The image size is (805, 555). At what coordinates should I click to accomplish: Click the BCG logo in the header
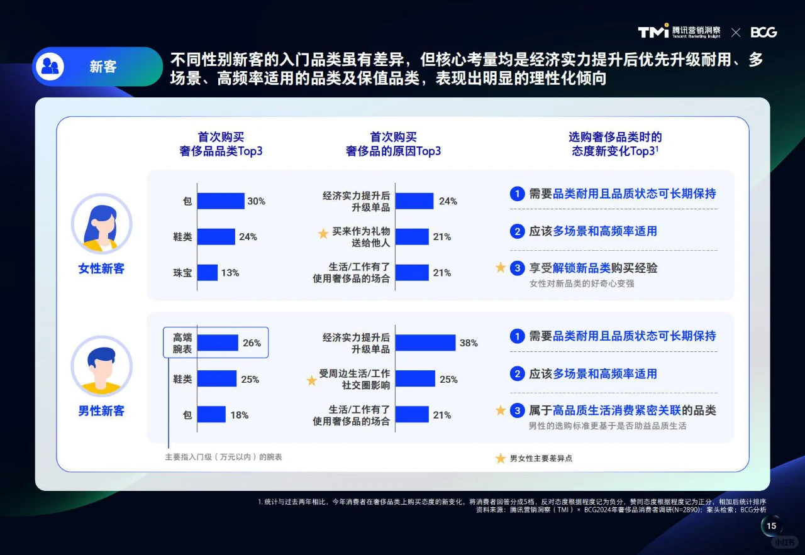(763, 32)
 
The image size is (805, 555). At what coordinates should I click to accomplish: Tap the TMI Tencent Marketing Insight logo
(679, 32)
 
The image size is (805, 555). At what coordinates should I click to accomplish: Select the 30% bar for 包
(221, 201)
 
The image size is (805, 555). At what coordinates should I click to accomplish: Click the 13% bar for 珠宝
(208, 273)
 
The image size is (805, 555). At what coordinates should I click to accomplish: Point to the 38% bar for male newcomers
(425, 343)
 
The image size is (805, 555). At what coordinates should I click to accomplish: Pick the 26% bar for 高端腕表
(218, 343)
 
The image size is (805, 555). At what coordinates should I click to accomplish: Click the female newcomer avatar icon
(101, 224)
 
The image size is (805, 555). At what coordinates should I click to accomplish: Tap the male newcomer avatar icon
(101, 366)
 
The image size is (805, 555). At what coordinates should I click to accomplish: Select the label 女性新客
(101, 269)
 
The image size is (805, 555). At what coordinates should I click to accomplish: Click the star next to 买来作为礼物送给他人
(323, 234)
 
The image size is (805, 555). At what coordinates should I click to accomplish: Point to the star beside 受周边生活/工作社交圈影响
(311, 380)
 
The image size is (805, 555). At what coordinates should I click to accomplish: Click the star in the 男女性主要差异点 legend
(501, 458)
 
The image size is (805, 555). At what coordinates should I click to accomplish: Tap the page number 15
(772, 526)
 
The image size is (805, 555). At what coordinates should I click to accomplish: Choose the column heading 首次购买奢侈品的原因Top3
(393, 144)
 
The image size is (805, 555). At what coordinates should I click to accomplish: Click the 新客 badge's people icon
(50, 67)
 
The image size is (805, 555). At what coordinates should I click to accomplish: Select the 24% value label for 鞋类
(248, 237)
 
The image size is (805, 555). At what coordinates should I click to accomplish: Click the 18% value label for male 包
(239, 415)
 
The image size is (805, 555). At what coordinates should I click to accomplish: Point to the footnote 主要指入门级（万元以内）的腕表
(223, 457)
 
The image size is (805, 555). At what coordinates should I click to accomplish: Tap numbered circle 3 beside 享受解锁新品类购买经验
(517, 268)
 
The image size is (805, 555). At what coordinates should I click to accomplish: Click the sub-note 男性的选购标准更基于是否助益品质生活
(608, 426)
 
